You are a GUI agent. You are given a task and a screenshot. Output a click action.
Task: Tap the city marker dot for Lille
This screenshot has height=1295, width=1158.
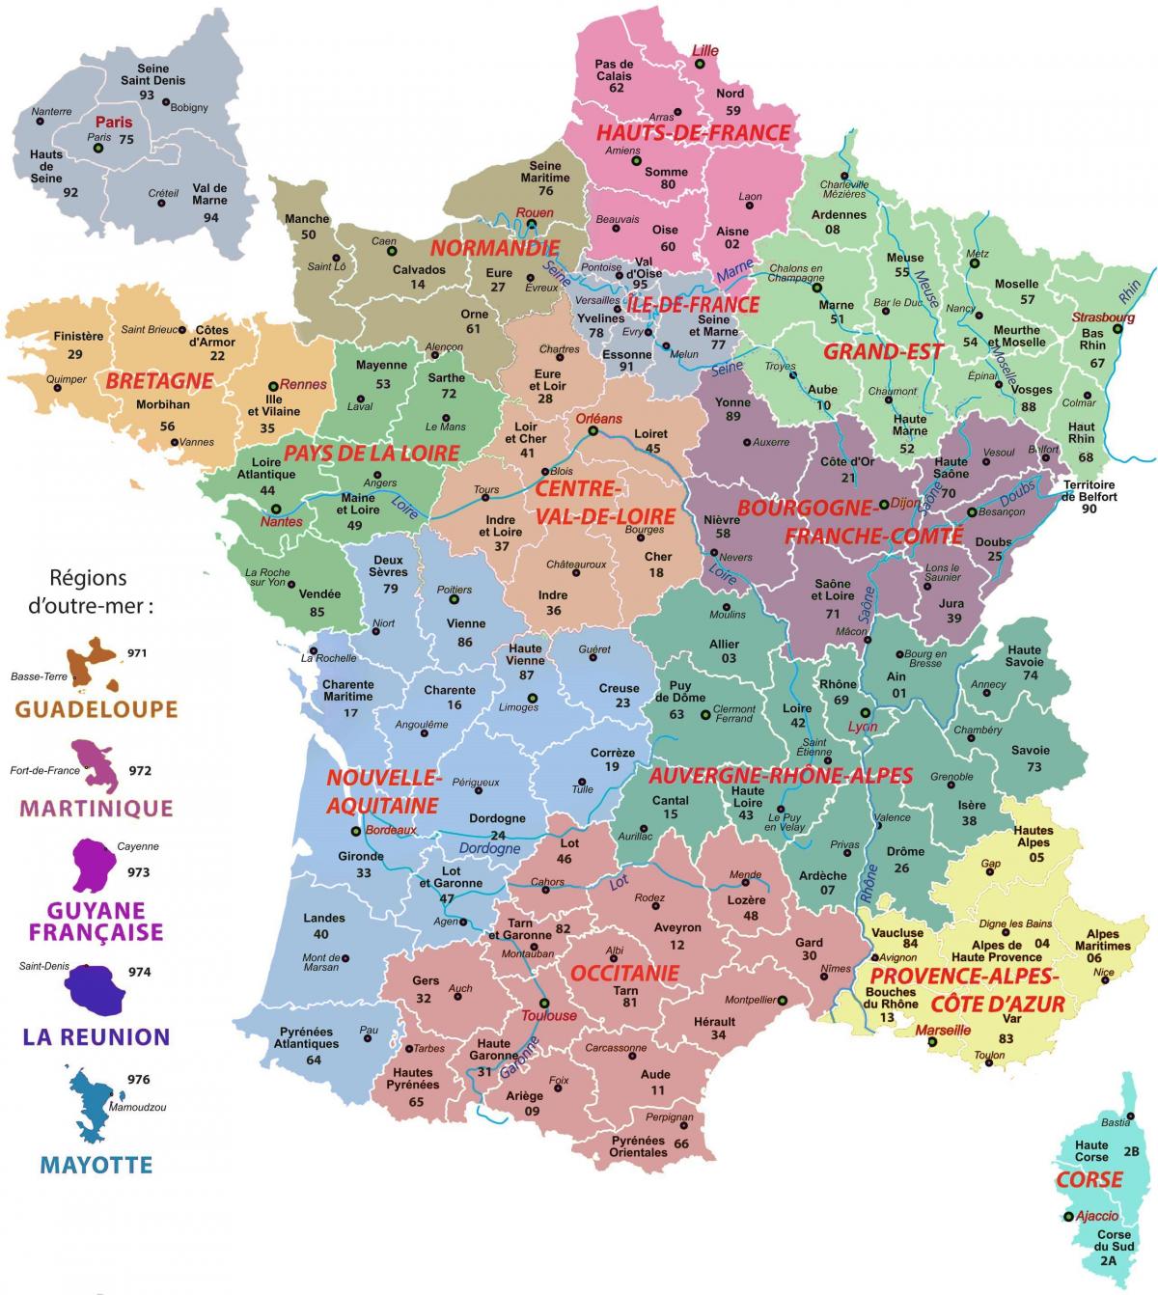[699, 64]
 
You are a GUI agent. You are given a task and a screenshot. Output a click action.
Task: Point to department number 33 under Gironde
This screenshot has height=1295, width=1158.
[363, 872]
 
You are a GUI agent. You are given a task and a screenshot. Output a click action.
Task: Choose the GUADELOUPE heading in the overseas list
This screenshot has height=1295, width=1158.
[96, 709]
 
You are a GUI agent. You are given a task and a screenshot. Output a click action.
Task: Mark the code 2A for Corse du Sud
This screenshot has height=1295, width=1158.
[1107, 1259]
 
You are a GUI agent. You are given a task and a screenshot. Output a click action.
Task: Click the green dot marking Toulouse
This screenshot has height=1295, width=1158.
[543, 1002]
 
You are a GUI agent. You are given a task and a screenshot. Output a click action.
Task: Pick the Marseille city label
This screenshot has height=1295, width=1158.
[943, 1030]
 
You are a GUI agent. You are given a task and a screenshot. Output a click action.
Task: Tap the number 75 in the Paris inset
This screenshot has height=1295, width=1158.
[125, 139]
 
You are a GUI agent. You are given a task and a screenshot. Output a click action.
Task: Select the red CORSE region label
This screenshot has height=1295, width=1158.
[1089, 1179]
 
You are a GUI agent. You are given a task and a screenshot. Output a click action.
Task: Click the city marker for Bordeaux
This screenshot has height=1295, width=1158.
[356, 830]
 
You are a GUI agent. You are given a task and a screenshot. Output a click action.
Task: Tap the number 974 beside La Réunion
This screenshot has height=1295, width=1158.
[139, 972]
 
